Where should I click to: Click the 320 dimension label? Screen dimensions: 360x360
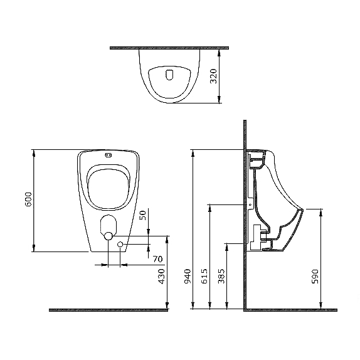(213, 76)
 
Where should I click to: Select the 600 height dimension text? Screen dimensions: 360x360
(28, 199)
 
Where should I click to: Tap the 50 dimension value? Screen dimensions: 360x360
(142, 215)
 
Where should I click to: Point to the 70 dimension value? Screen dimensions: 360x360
(157, 259)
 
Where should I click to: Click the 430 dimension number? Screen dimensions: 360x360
(162, 277)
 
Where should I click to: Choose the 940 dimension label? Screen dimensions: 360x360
(188, 276)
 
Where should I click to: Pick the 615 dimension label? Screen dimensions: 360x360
(204, 276)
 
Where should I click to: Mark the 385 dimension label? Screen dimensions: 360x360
(221, 276)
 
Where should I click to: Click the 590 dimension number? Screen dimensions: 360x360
(315, 277)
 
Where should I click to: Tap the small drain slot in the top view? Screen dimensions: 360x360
(169, 75)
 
